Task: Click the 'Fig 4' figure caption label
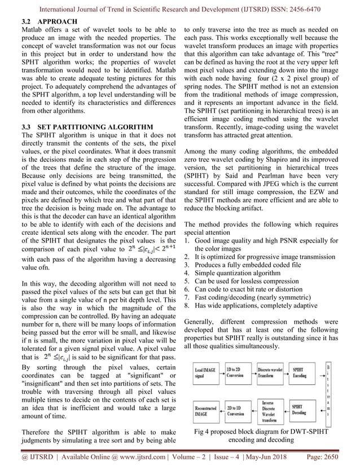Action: click(x=201, y=432)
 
